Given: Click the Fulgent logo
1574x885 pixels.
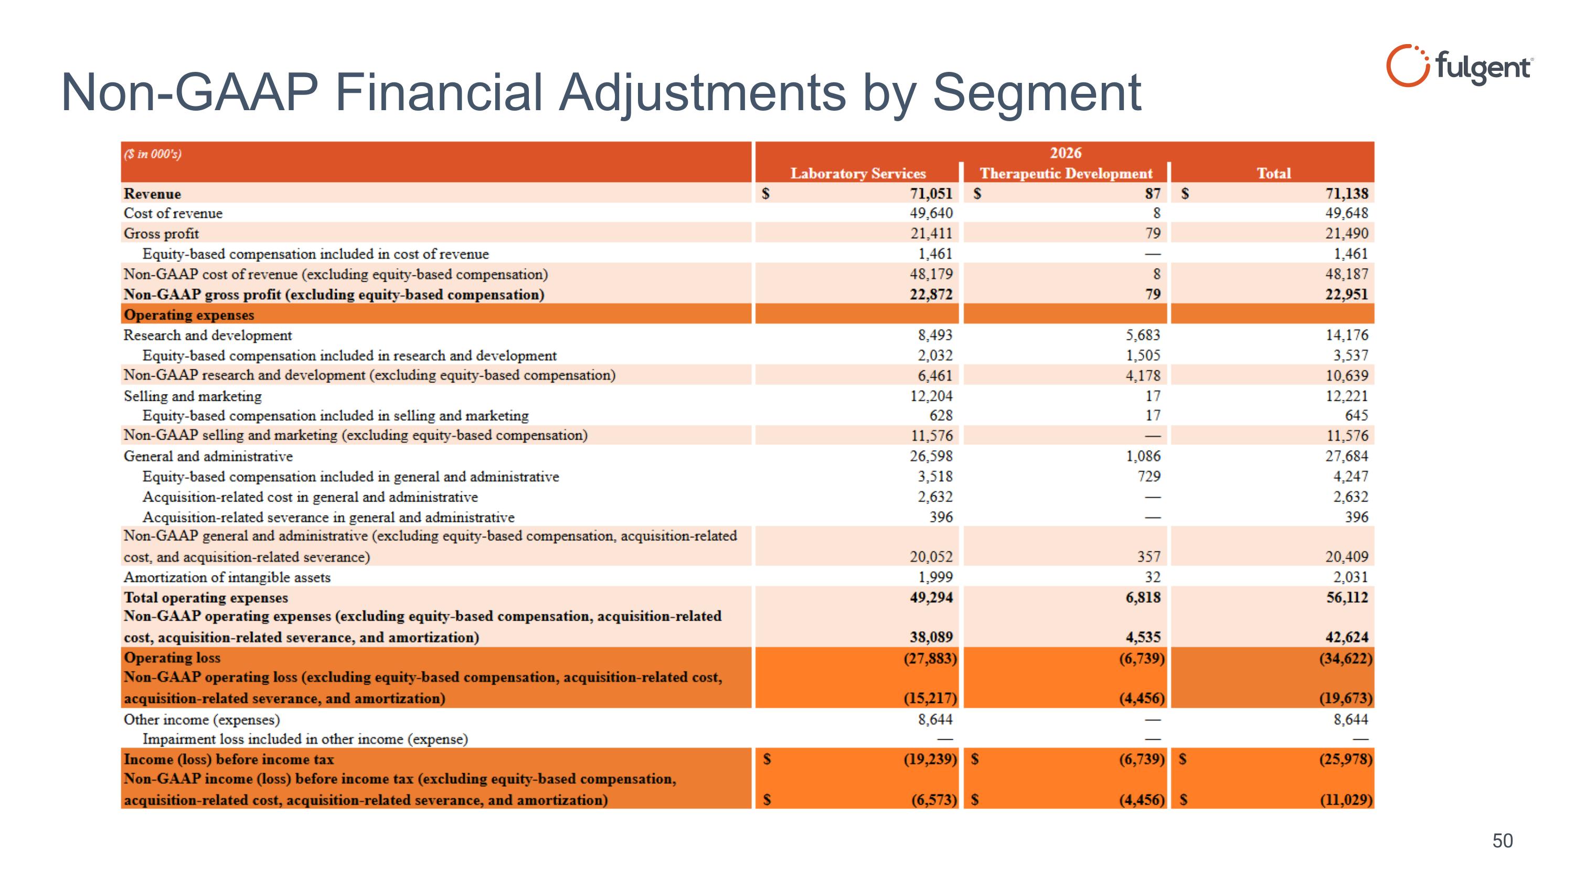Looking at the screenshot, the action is [1459, 66].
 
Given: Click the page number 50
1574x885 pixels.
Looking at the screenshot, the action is [1503, 841].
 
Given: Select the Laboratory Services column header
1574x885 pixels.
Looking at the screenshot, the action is [858, 174].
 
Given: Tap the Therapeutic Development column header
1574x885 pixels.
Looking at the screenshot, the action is [1066, 174].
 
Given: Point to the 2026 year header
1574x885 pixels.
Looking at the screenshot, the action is [1066, 153].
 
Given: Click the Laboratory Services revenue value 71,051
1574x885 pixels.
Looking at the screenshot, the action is [931, 194].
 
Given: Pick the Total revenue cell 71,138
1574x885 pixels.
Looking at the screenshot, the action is [1347, 194].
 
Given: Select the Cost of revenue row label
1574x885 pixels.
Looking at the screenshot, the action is [173, 213].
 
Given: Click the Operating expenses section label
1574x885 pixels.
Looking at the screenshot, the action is [189, 315].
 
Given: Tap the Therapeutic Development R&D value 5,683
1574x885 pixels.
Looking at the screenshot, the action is [1143, 335].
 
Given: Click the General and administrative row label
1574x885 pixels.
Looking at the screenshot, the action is [208, 456].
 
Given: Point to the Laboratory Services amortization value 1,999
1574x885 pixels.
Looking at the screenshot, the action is [935, 577].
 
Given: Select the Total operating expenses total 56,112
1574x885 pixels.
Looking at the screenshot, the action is [1347, 598].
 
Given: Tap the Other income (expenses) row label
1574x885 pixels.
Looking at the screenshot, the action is [201, 719].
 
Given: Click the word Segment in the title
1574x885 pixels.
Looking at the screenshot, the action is [1036, 93].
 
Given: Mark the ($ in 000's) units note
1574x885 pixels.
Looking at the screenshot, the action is [153, 154].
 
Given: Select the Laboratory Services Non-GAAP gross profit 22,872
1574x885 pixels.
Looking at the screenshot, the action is [931, 294].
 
